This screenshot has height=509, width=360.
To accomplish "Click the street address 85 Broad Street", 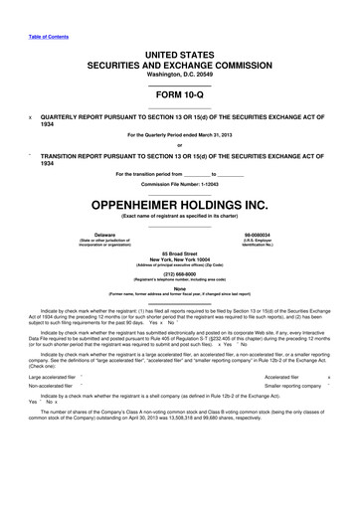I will [x=179, y=255].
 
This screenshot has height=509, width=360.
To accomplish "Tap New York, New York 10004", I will [x=179, y=262].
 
